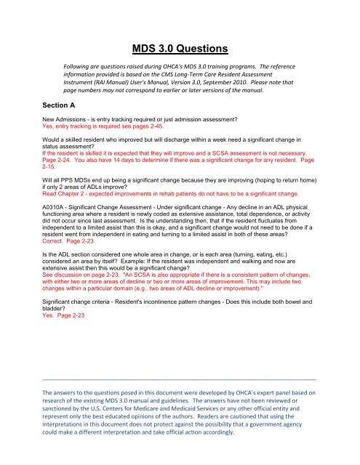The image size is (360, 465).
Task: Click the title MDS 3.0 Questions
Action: tap(180, 50)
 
